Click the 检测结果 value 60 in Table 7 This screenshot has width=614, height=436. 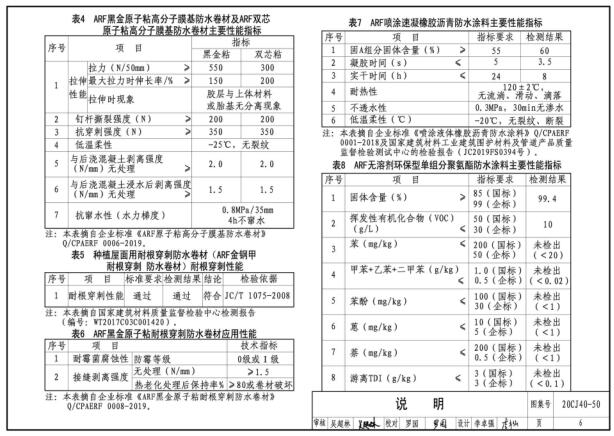572,49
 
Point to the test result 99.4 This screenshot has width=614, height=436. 572,172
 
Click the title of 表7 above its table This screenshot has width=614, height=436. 467,21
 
